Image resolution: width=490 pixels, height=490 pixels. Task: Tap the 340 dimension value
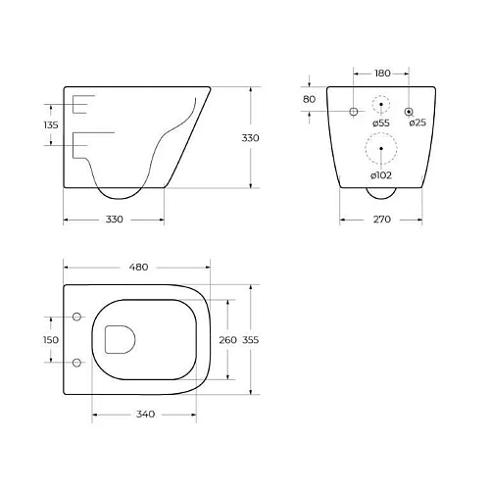pos(145,415)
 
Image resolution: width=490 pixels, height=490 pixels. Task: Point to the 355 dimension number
pos(251,339)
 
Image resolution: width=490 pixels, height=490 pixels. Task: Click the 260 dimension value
pos(226,339)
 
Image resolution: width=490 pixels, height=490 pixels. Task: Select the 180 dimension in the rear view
pos(381,73)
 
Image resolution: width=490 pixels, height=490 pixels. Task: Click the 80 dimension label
pos(309,99)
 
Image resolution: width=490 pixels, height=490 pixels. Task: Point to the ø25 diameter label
pos(416,122)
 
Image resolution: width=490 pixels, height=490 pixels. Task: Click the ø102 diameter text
pos(382,174)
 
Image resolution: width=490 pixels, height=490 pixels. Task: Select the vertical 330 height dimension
pos(251,138)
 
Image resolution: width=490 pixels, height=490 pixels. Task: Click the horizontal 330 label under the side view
pos(114,220)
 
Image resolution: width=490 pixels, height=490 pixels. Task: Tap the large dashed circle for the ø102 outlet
pos(381,150)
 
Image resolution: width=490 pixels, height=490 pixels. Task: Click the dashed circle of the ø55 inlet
pos(381,105)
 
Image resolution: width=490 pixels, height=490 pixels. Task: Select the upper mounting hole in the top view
pos(75,317)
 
